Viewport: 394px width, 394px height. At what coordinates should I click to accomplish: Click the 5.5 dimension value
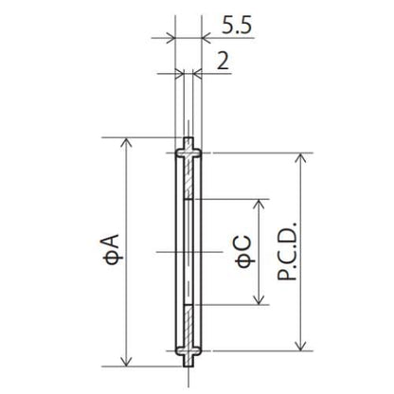click(x=237, y=26)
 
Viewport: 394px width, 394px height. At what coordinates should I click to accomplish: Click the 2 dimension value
click(x=224, y=61)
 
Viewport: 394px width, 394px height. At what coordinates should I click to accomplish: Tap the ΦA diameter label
click(x=111, y=249)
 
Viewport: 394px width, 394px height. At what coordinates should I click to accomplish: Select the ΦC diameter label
click(x=244, y=252)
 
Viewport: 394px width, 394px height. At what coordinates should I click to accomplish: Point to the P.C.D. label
click(x=287, y=252)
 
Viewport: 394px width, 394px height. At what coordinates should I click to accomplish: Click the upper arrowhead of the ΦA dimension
click(x=126, y=143)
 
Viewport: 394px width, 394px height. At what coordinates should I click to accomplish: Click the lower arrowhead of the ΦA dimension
click(x=126, y=361)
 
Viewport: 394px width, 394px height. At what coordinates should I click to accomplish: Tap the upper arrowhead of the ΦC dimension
click(x=260, y=205)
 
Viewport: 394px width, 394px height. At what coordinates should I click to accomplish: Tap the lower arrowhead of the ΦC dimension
click(x=260, y=299)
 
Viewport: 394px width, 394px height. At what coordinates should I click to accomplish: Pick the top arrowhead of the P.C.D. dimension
click(x=302, y=158)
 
